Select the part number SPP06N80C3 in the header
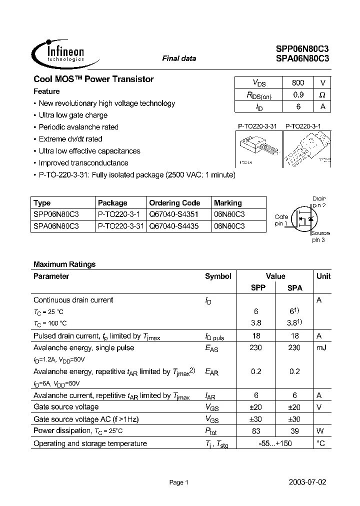click(302, 49)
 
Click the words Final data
click(179, 58)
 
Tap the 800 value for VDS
click(297, 82)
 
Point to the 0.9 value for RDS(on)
click(297, 94)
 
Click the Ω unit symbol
click(322, 94)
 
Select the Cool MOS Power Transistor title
click(93, 79)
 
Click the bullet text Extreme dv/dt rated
click(70, 139)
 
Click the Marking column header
click(227, 203)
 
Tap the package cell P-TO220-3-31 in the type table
click(120, 226)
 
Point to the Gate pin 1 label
click(281, 220)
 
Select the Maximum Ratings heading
click(64, 264)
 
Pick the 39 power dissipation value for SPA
click(294, 431)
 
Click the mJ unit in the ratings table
click(321, 347)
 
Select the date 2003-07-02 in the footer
click(307, 482)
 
